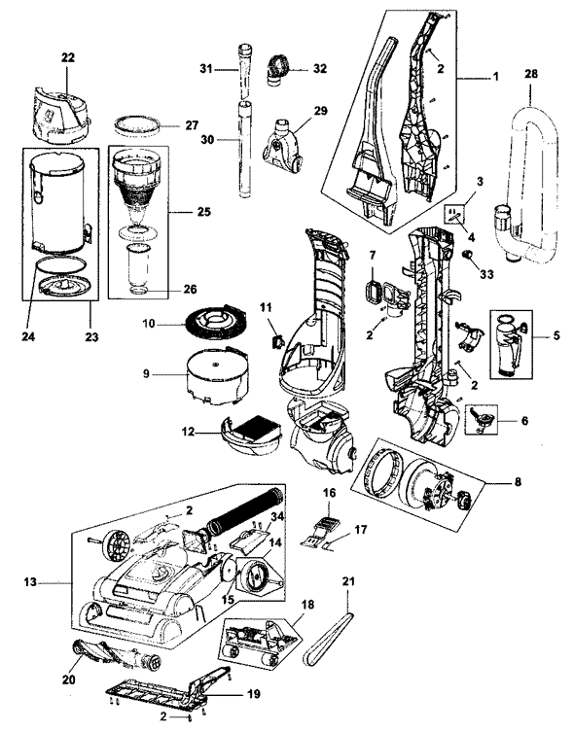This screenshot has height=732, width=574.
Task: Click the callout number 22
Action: (x=68, y=57)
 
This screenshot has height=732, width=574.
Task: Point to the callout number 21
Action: (x=347, y=581)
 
